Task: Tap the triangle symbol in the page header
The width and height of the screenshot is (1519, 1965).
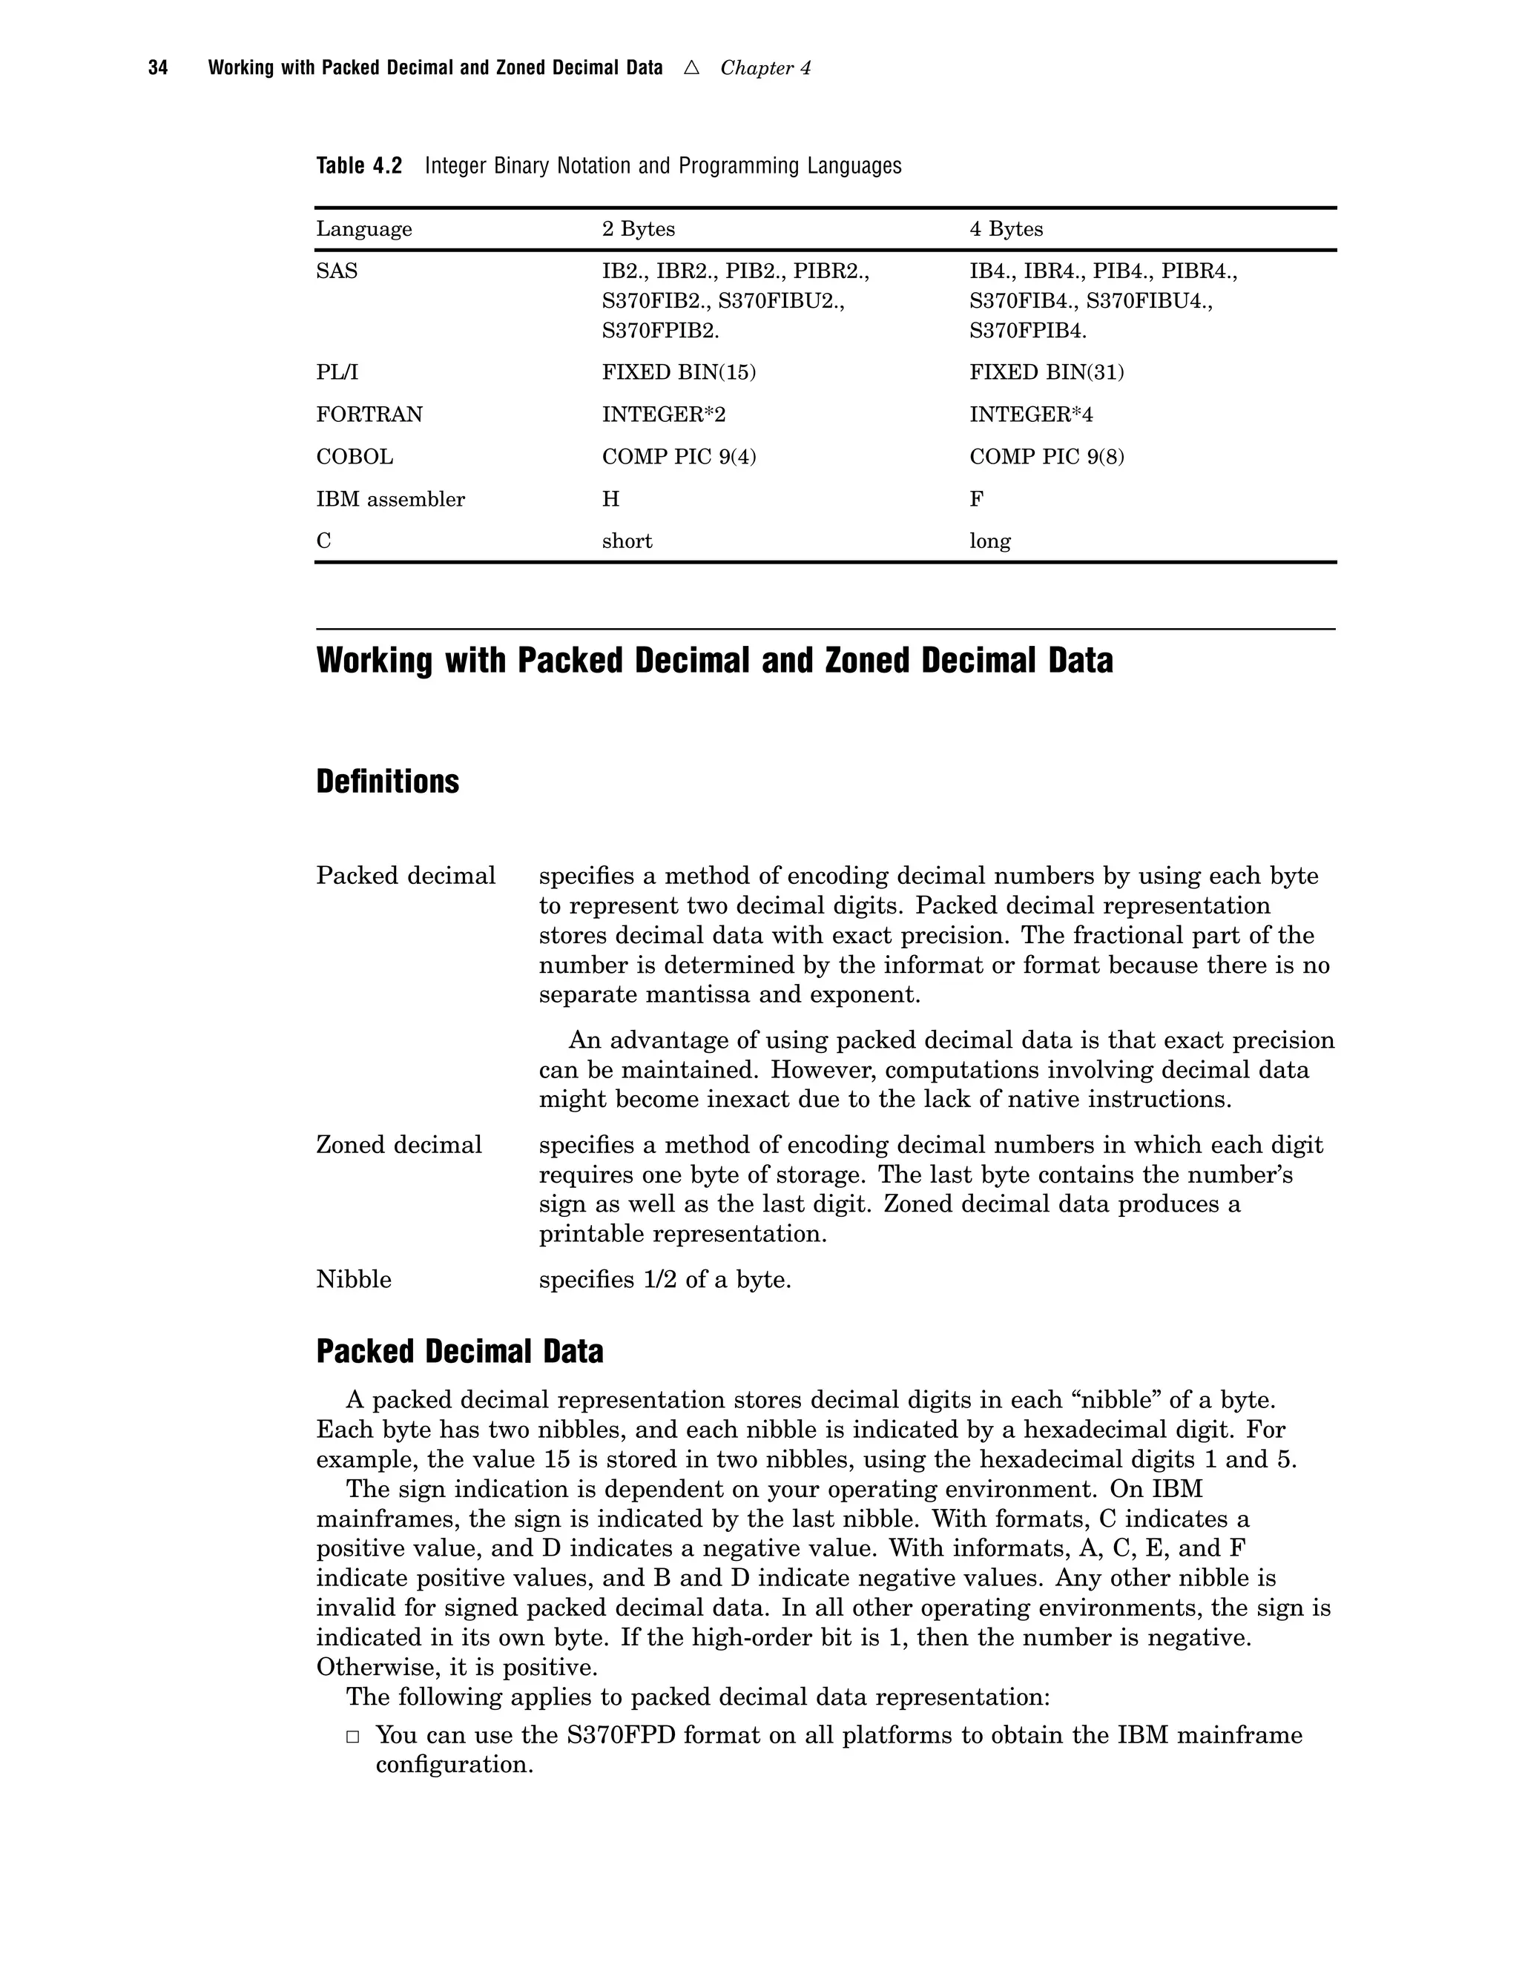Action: tap(691, 67)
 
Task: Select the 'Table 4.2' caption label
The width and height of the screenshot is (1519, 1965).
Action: tap(359, 166)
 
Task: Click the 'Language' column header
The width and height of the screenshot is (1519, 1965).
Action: tap(363, 229)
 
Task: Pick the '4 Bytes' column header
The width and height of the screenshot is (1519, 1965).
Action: tap(1006, 229)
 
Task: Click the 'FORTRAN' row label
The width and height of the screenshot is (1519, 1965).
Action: tap(369, 415)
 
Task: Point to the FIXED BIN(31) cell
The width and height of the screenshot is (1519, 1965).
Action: tap(1047, 372)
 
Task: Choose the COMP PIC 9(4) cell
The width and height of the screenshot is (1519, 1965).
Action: tap(679, 457)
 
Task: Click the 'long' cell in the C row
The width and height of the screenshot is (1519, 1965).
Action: tap(990, 541)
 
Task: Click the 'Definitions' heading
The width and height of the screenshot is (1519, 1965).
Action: tap(387, 782)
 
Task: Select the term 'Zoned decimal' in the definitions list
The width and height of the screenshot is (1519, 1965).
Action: tap(398, 1146)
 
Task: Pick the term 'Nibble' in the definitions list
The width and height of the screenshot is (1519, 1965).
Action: tap(354, 1279)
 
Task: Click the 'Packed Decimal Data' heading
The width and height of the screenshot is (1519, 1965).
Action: tap(459, 1351)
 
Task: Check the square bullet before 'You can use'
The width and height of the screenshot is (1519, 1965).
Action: tap(354, 1737)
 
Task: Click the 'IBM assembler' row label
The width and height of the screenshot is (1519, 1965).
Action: tap(391, 499)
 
